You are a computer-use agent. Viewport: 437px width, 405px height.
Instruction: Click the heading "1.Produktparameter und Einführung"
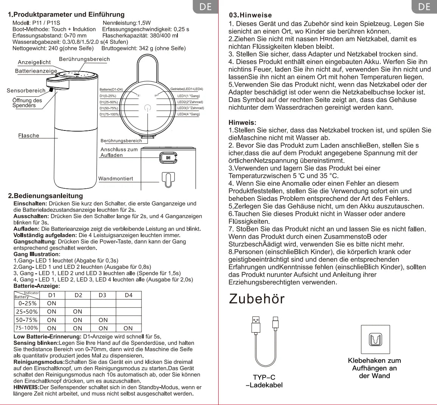pos(66,15)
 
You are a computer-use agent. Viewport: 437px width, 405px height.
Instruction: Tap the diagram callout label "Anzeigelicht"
pos(34,62)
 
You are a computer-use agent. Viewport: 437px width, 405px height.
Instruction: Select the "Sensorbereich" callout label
pos(26,91)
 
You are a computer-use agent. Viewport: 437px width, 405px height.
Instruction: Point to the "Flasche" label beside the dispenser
pos(29,136)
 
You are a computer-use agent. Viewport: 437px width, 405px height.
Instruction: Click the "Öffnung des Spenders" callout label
pos(27,103)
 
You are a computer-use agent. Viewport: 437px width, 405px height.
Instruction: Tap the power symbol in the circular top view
pos(148,108)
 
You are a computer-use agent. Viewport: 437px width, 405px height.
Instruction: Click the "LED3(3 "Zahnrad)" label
pos(190,108)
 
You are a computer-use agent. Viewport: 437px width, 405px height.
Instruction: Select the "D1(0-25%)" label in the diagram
pos(108,96)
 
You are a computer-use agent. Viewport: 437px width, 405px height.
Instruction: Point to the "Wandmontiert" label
pos(115,178)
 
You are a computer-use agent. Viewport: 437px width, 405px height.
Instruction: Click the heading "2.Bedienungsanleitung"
pos(45,196)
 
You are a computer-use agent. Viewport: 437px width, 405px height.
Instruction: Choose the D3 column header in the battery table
pos(103,295)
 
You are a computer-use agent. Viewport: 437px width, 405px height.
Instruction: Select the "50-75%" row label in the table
pos(27,320)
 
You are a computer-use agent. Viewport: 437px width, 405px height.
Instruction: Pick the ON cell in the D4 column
pos(128,328)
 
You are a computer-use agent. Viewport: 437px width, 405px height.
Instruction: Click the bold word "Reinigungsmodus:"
pos(36,362)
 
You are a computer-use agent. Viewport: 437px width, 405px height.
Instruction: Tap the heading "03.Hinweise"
pos(250,15)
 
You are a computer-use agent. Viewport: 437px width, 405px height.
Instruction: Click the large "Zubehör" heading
pos(257,299)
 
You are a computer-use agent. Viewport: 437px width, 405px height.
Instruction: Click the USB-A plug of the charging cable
pos(256,324)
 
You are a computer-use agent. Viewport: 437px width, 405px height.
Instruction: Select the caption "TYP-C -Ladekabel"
pos(264,381)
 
